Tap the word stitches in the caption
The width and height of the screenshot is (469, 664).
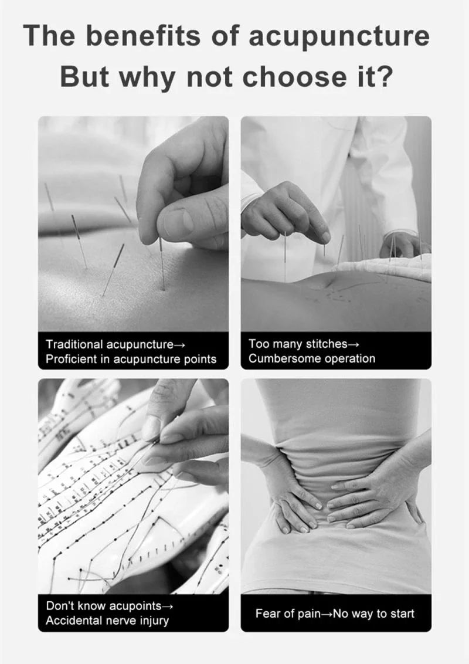pos(328,344)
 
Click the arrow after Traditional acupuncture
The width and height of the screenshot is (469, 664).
pos(180,345)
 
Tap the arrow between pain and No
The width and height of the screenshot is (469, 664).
pos(327,614)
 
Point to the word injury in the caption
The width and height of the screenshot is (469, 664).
pos(155,621)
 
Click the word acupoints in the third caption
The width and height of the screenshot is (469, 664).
pos(135,607)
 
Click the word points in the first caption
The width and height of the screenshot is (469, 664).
pos(200,360)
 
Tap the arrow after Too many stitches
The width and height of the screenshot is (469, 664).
pos(354,345)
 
